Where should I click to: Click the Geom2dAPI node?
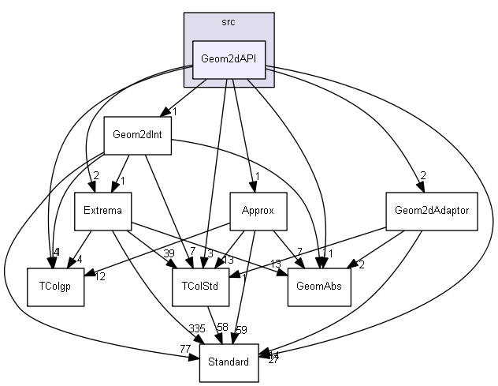click(x=229, y=59)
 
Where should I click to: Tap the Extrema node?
click(x=102, y=211)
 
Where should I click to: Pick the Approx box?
click(x=258, y=211)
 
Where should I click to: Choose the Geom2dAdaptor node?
click(x=432, y=211)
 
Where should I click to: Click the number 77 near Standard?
click(x=185, y=349)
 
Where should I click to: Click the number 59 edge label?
click(x=242, y=330)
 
